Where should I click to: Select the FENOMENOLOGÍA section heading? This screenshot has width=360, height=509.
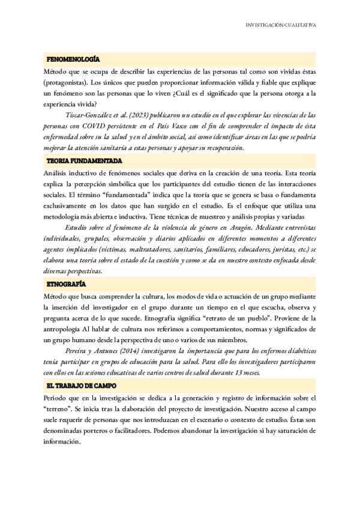(73, 59)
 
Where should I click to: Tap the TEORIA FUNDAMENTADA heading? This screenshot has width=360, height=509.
(84, 161)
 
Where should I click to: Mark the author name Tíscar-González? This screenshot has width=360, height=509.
(89, 114)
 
